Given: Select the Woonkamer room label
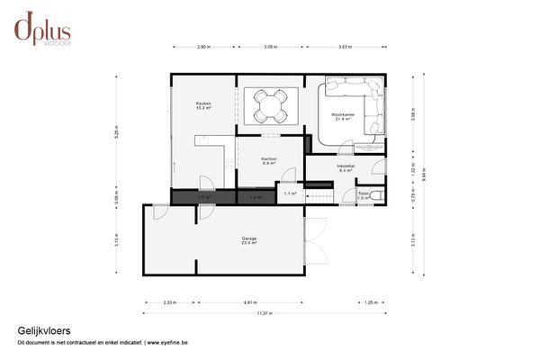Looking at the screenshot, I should pos(342,117).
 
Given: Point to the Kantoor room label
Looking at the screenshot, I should pos(269,160).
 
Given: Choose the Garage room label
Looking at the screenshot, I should pos(249,240).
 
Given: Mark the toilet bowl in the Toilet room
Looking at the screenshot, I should pos(378,195).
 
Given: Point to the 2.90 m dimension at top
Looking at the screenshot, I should pos(204,47).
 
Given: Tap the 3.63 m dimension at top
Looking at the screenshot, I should pos(346,47).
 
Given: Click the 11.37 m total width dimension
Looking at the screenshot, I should pos(264,313).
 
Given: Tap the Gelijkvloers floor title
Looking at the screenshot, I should pos(44,331).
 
